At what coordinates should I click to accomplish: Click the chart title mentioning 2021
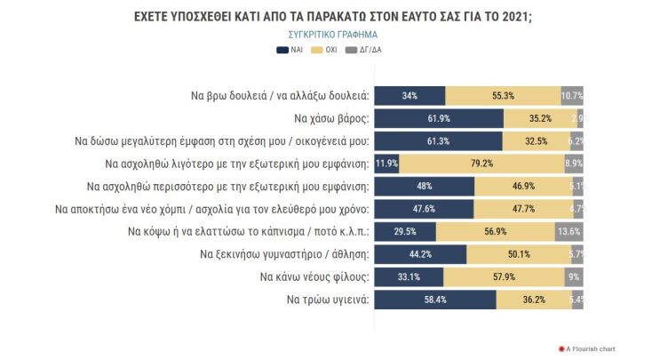(325, 17)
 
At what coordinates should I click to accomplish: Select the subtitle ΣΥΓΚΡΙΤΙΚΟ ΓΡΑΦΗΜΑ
(325, 35)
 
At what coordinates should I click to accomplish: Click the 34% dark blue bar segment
(409, 95)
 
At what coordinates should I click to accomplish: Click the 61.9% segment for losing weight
(439, 118)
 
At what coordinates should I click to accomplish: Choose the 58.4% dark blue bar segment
(435, 300)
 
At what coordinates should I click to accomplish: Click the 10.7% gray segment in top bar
(572, 95)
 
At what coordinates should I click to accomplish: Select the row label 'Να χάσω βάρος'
(330, 118)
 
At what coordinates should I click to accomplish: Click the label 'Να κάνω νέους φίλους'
(314, 277)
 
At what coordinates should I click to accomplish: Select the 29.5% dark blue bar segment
(405, 232)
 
